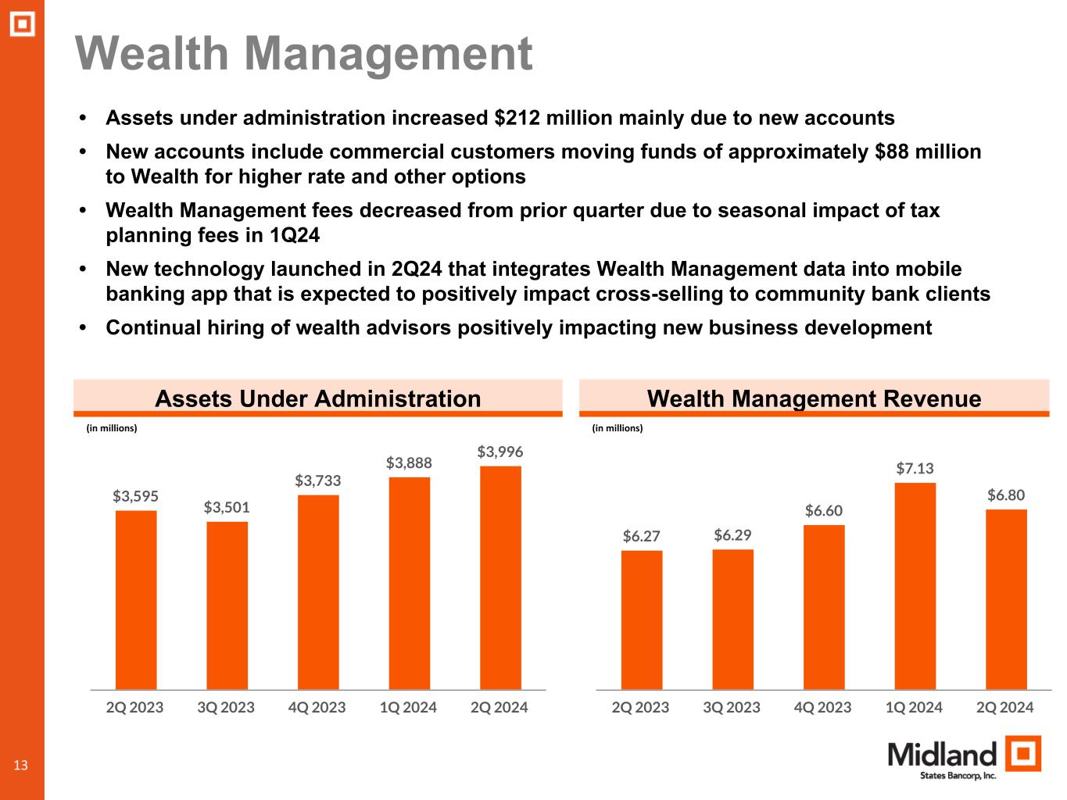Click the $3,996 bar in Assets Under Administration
[x=500, y=577]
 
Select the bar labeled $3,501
[x=227, y=605]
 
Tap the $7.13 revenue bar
[x=915, y=585]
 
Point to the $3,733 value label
[x=317, y=480]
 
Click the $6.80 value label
[x=1006, y=495]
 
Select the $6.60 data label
[x=824, y=510]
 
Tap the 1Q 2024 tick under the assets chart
[x=408, y=708]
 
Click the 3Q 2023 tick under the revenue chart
[x=732, y=708]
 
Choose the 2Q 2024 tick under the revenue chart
[x=1005, y=708]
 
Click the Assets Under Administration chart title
[x=317, y=398]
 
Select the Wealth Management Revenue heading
[x=814, y=398]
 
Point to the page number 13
[x=20, y=765]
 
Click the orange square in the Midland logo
[x=1022, y=754]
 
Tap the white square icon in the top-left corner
[x=23, y=24]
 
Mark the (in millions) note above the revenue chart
[x=618, y=428]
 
